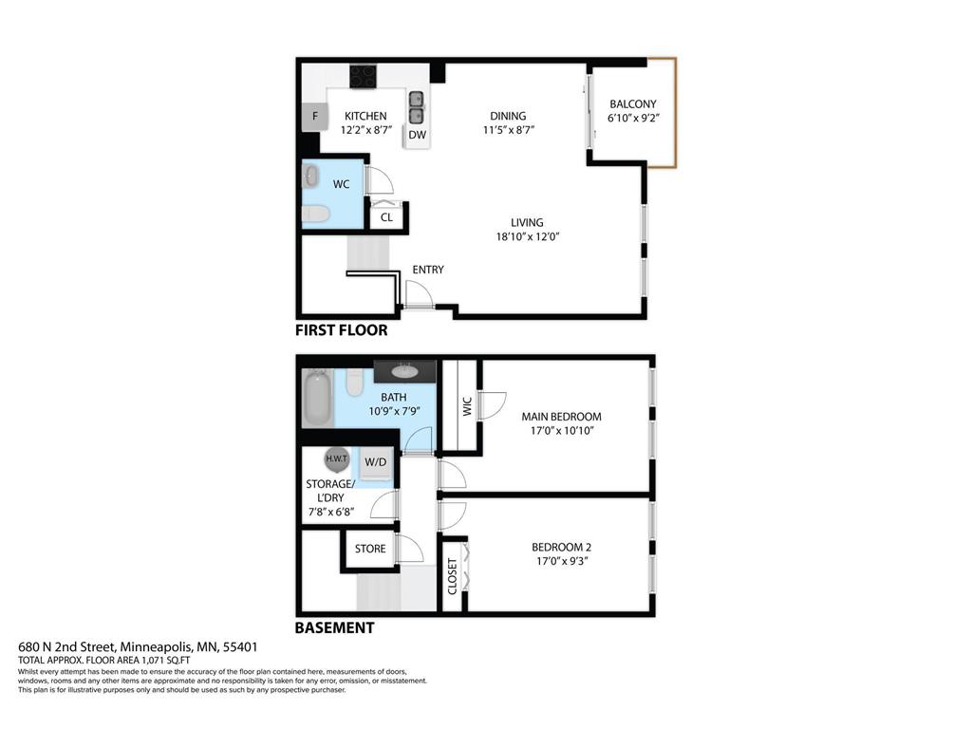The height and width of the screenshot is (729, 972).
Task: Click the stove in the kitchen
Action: [x=364, y=75]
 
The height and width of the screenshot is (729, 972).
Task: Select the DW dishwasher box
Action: [x=418, y=136]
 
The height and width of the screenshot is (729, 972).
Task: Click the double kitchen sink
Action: [x=417, y=107]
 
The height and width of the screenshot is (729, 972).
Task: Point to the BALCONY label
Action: [x=632, y=104]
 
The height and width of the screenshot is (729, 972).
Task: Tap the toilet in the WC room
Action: [x=317, y=215]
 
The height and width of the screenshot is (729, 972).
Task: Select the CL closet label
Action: [x=386, y=217]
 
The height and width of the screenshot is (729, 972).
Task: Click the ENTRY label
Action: [x=428, y=270]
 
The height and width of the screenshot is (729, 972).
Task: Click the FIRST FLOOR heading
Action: [x=341, y=330]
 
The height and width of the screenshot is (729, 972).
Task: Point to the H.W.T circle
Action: [x=337, y=459]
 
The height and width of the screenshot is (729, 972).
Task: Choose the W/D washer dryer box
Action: [x=376, y=462]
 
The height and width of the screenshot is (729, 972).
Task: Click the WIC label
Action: [x=466, y=406]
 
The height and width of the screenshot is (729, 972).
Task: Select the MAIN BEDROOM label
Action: [x=561, y=416]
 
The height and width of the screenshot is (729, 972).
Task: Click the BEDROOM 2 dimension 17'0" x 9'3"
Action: [x=561, y=560]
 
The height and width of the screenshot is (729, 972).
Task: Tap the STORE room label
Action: [x=370, y=549]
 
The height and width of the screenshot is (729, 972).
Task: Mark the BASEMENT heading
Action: [x=334, y=627]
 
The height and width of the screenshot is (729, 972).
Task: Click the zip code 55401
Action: [x=240, y=647]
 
